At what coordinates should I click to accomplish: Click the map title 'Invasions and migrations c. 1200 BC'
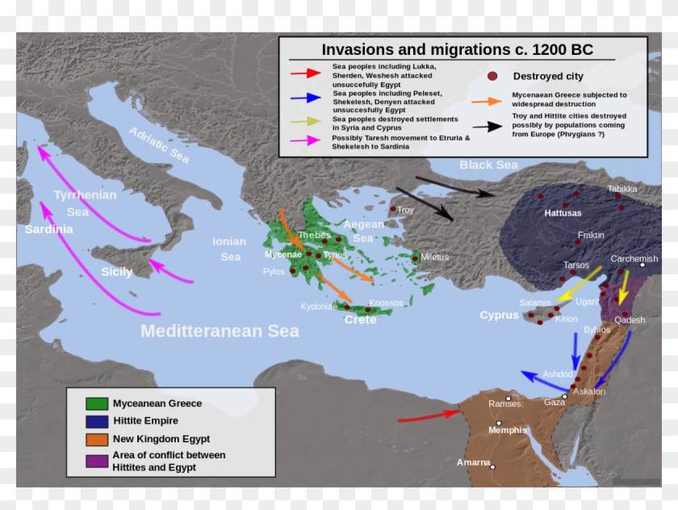point(457,50)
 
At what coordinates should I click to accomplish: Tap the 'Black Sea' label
point(488,165)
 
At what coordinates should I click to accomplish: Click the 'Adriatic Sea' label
point(159,145)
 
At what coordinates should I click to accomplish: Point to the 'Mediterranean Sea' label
point(220,331)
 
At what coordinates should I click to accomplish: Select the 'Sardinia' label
point(48,229)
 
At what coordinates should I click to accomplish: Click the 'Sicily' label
point(116,272)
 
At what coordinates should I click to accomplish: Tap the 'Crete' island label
point(360,320)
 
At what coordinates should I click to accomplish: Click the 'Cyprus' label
point(499,316)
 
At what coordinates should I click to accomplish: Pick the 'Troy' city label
point(405,210)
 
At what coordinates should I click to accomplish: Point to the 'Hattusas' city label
point(563,213)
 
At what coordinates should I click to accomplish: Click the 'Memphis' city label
point(507,430)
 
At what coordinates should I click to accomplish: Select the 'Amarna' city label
point(473,462)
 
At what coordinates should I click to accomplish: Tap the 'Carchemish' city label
point(634,259)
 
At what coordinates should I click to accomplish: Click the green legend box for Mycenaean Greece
point(97,403)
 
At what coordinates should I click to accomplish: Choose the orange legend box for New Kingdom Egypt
point(97,439)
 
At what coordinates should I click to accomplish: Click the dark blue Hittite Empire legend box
point(97,421)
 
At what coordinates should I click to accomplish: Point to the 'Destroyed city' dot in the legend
point(492,76)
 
